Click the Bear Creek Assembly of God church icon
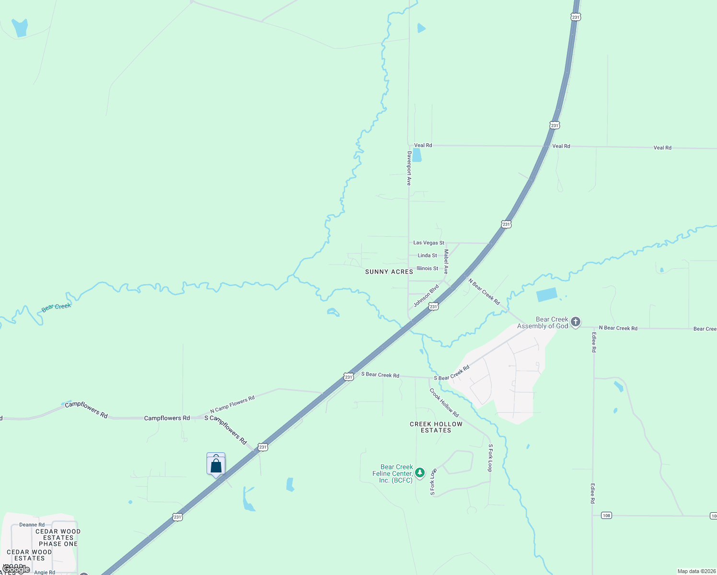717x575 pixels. pos(576,322)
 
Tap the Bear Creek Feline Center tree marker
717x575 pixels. pos(420,473)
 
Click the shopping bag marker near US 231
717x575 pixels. pos(216,465)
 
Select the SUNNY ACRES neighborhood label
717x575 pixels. pos(389,272)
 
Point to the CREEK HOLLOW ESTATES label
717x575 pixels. pos(436,427)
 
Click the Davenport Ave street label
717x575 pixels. pos(409,168)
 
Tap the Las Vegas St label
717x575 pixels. pos(428,243)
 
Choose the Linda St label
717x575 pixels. pos(427,255)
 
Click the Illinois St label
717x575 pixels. pos(427,268)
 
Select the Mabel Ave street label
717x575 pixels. pos(446,262)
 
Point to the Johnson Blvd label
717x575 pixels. pos(426,296)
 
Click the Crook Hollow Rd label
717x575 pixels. pos(444,402)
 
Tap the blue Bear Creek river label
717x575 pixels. pos(56,307)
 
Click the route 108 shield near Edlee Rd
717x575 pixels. pos(606,516)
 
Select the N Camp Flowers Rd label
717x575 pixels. pos(232,405)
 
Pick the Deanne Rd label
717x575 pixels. pos(32,525)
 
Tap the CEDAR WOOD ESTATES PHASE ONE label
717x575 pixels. pos(58,538)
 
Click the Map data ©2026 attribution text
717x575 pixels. pos(696,571)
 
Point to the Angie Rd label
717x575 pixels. pos(44,572)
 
